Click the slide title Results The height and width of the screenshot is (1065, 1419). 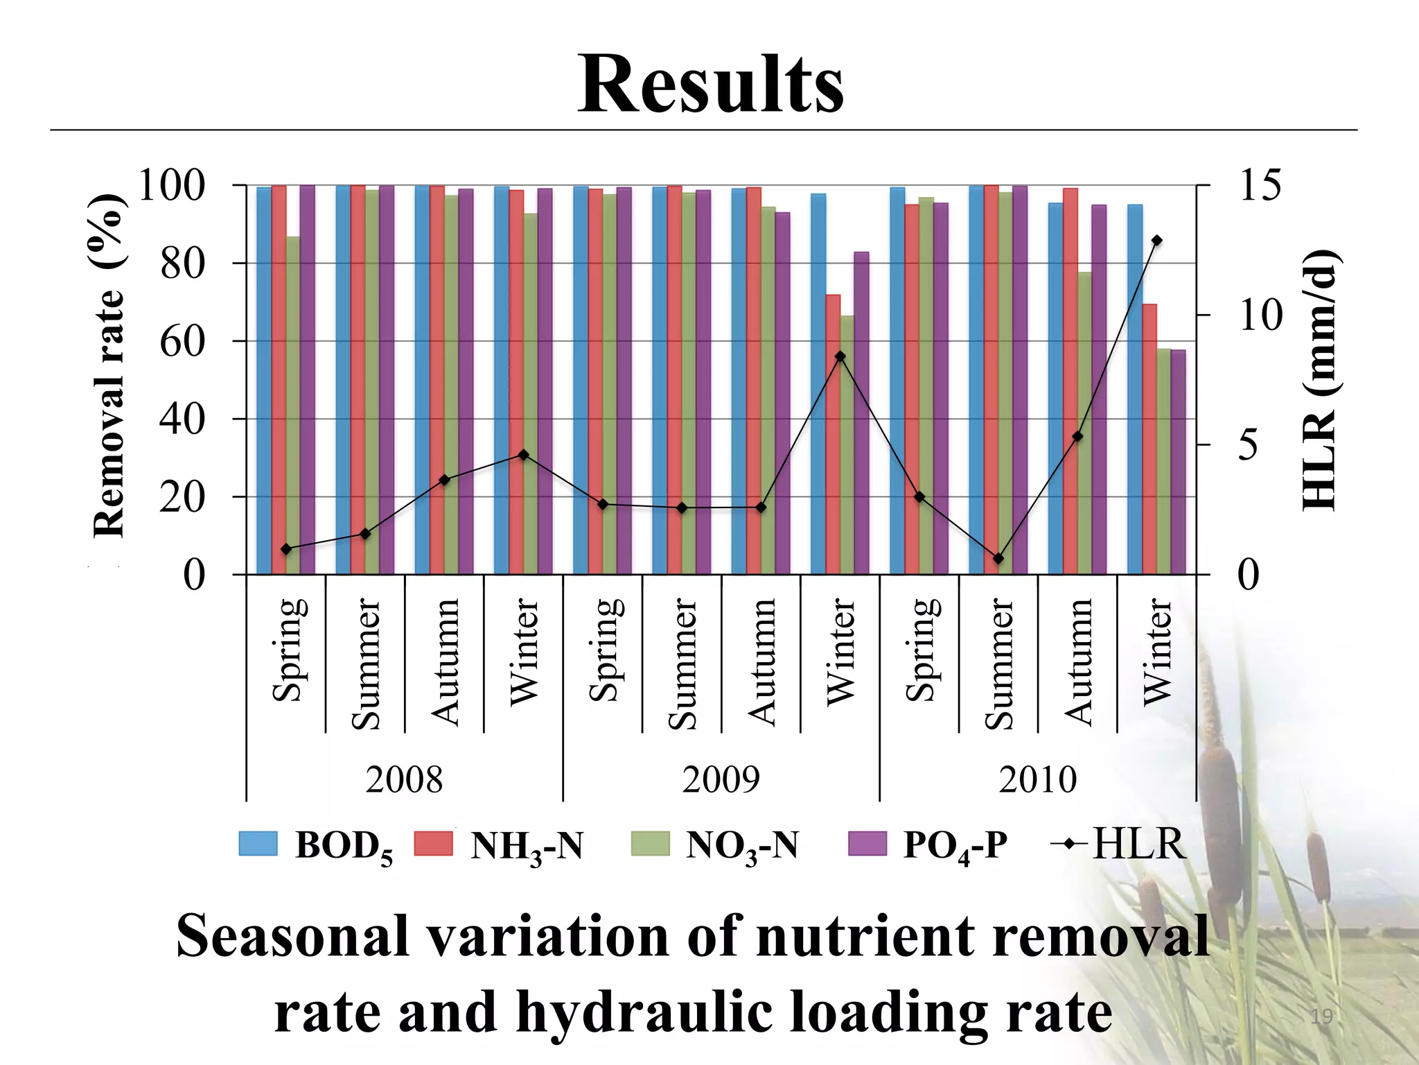(x=711, y=85)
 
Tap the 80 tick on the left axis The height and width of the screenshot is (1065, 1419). (x=182, y=264)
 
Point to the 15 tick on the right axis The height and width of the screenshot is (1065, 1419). (x=1260, y=186)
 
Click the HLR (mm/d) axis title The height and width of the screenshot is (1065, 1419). (x=1319, y=380)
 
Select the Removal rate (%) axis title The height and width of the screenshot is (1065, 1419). (x=109, y=366)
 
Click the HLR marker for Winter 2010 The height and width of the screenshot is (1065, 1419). (x=1156, y=241)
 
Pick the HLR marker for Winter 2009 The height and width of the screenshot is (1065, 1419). (x=840, y=356)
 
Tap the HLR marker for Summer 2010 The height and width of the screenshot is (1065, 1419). (x=998, y=558)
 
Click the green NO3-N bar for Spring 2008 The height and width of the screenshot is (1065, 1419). (x=293, y=405)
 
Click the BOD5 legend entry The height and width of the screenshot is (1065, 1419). (x=316, y=845)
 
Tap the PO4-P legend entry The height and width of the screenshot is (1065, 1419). (x=928, y=845)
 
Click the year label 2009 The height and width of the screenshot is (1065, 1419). (x=721, y=780)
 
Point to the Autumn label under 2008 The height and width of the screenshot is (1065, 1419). (x=445, y=662)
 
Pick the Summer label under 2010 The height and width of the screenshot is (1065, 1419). (x=998, y=664)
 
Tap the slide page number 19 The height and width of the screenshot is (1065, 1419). (x=1321, y=1017)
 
